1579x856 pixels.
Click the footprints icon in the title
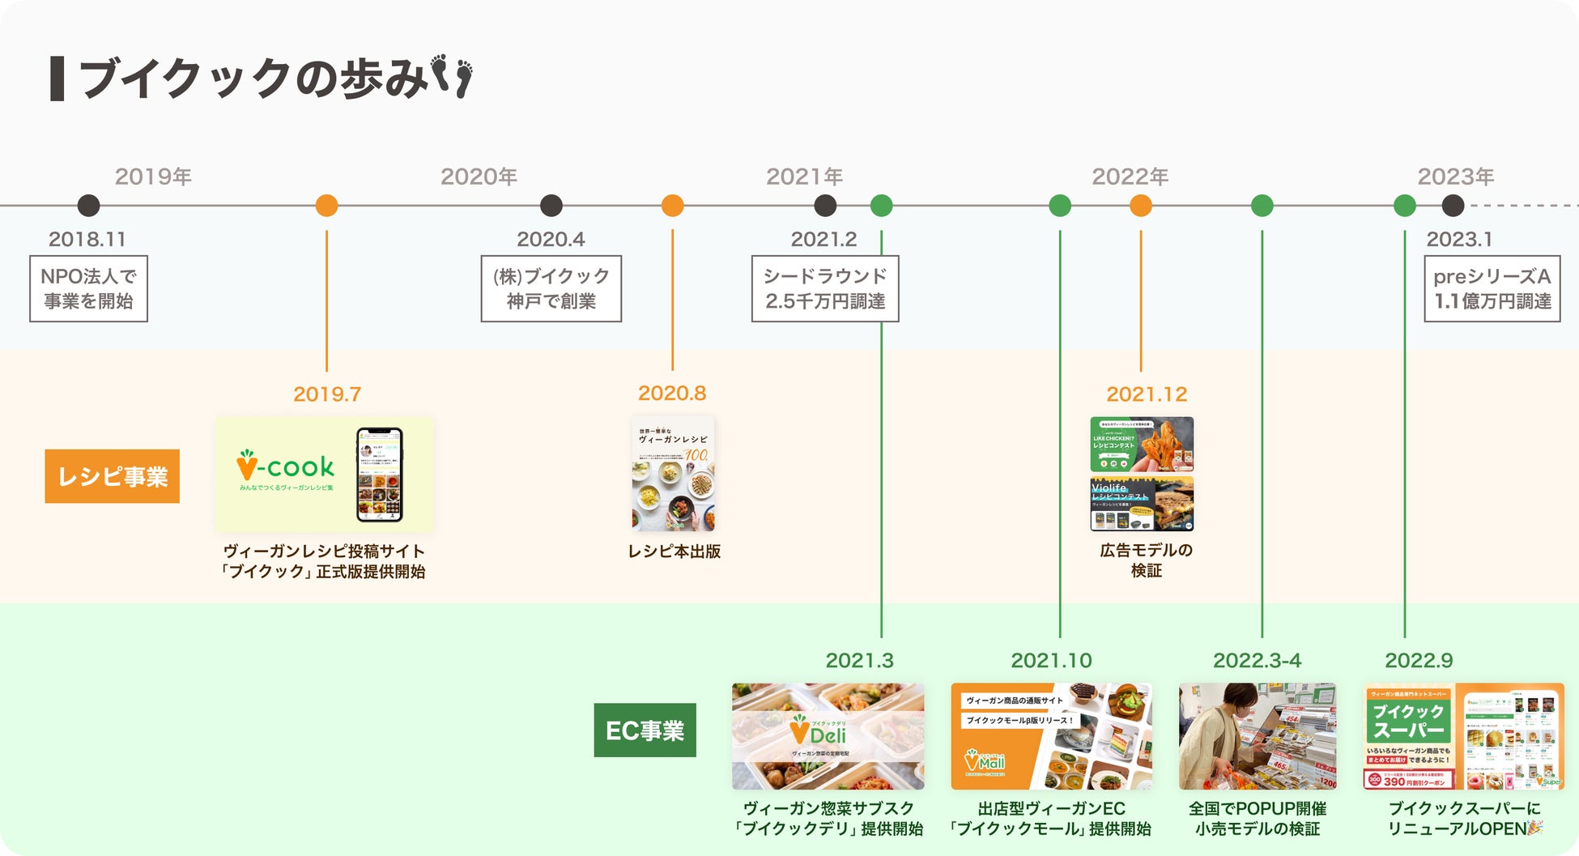coord(452,76)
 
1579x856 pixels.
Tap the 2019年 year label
coord(153,177)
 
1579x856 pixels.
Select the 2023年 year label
coord(1455,177)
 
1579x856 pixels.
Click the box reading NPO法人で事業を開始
coord(88,288)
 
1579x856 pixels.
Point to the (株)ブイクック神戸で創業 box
coord(551,288)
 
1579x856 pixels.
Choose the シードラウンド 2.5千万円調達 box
coord(824,288)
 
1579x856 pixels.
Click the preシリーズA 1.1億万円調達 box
coord(1492,288)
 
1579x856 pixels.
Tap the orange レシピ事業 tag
coord(113,476)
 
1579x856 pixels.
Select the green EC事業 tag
coord(645,730)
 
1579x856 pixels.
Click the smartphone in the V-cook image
coord(380,475)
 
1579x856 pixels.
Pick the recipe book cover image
coord(673,474)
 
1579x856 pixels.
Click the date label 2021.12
coord(1146,394)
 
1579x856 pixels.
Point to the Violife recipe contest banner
coord(1142,504)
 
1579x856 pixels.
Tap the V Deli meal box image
coord(828,736)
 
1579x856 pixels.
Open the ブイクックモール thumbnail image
coord(1051,736)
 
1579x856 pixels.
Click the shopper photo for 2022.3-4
coord(1257,736)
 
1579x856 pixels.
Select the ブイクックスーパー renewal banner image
coord(1464,736)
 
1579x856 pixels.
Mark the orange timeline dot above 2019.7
coord(326,206)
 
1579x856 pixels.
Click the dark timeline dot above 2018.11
coord(88,206)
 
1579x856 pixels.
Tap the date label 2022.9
coord(1419,661)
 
